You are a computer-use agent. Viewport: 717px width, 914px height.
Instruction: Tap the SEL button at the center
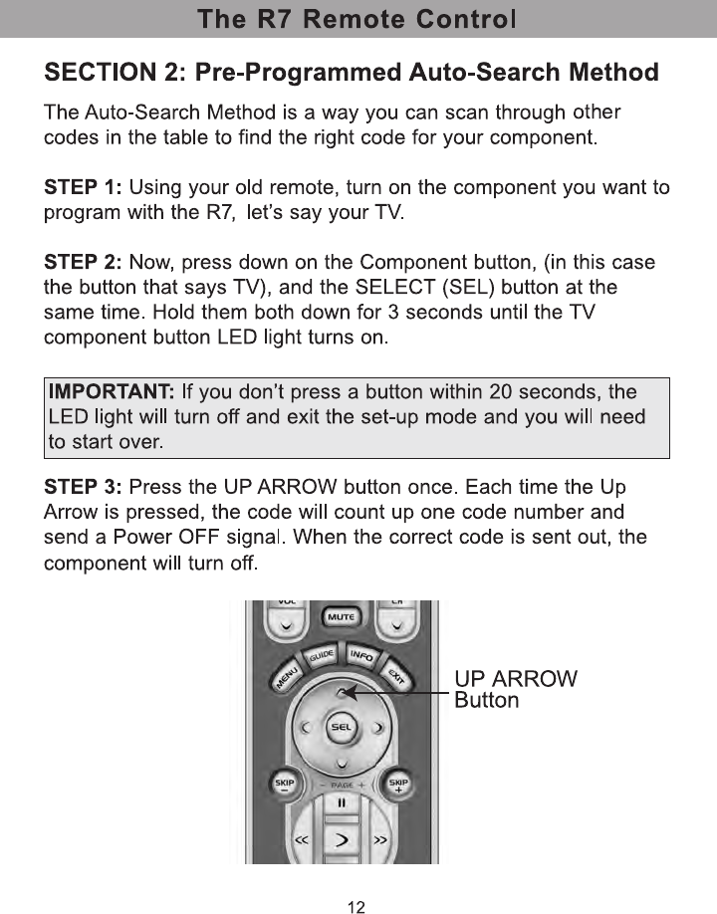click(x=340, y=727)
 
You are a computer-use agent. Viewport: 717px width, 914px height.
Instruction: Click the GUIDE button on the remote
click(x=319, y=658)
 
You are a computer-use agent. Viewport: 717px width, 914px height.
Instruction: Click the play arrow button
click(x=341, y=841)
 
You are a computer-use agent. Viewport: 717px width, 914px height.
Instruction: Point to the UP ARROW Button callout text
click(x=515, y=689)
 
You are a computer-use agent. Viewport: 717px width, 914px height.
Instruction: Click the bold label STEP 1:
click(x=84, y=187)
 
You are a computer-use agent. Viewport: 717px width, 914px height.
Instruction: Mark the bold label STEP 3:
click(x=84, y=488)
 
